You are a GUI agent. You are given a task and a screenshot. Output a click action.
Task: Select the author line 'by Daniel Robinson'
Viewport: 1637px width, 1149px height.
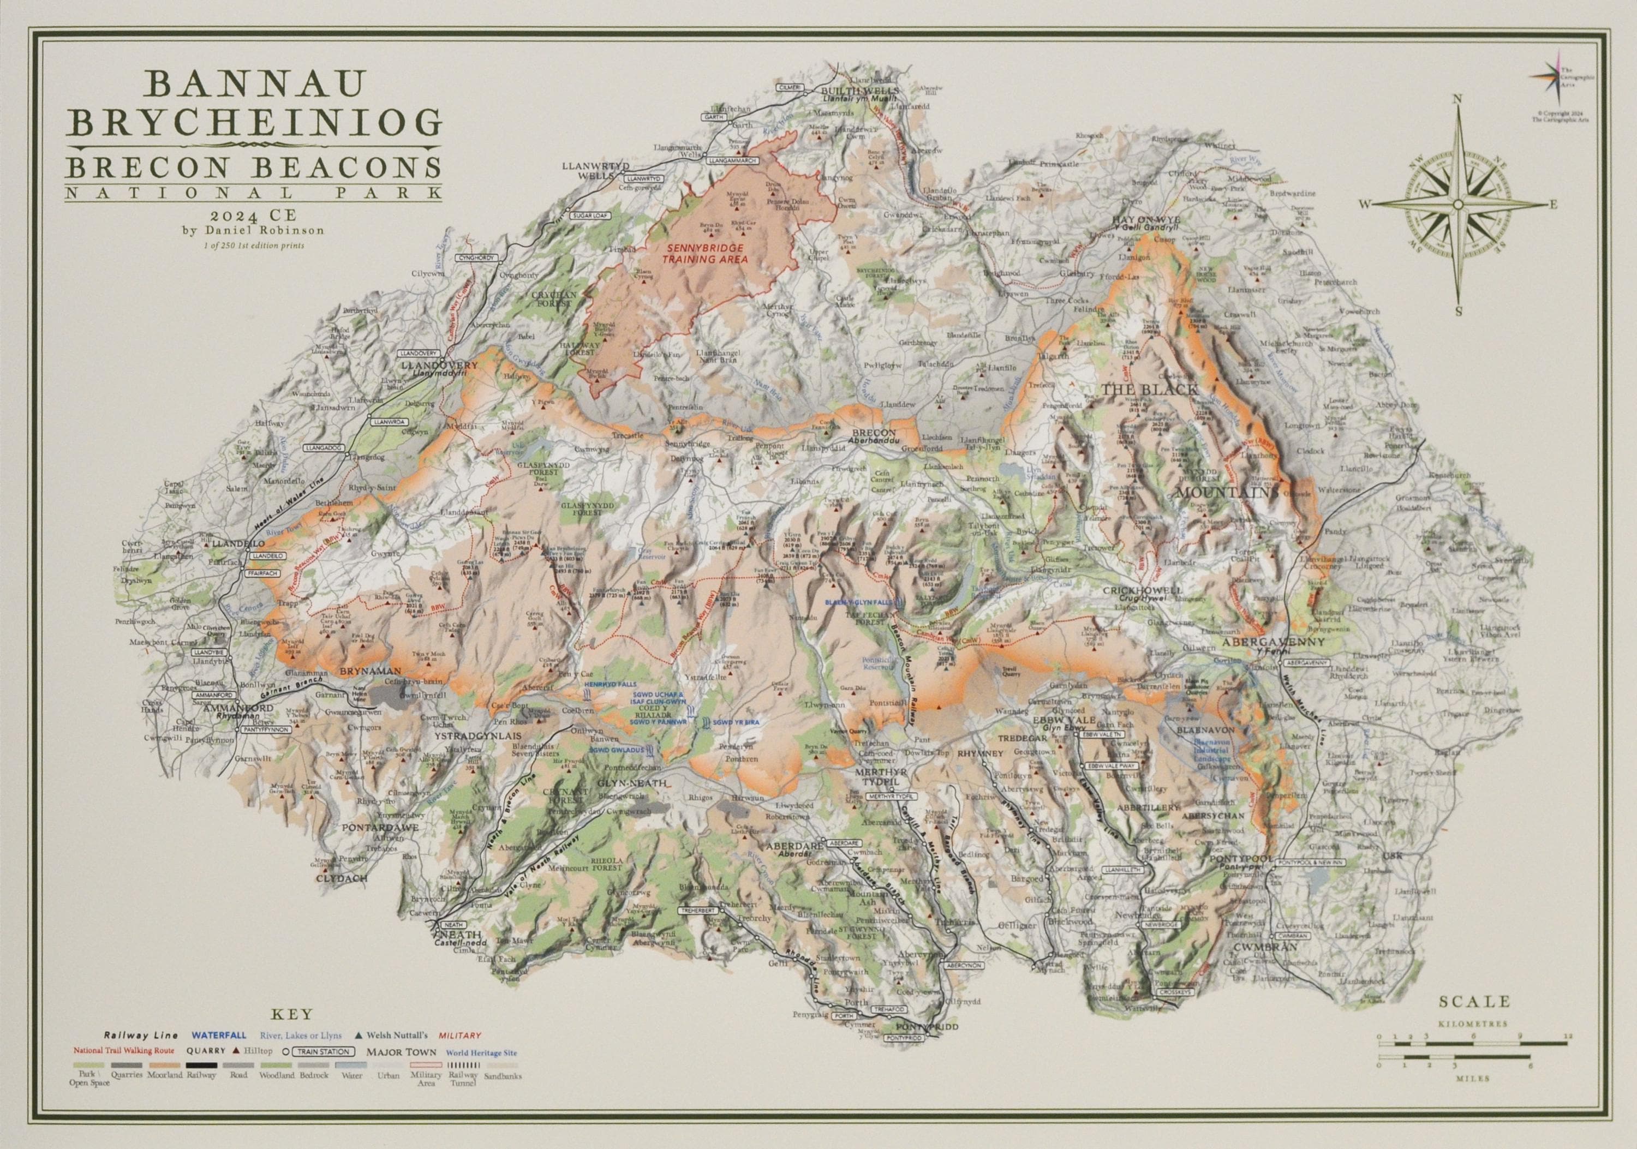(253, 230)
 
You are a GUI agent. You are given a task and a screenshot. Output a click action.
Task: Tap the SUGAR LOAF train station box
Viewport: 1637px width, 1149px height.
(588, 213)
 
